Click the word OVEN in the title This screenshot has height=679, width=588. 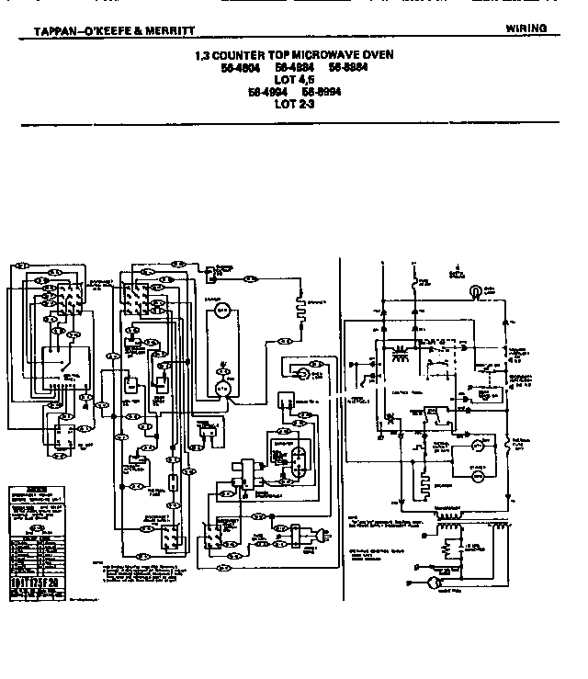tap(378, 55)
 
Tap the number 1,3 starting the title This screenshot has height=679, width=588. tap(203, 55)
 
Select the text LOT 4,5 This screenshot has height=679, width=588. tap(294, 80)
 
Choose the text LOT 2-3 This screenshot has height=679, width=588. tap(294, 104)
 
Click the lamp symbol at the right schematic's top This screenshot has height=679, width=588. tap(474, 291)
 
